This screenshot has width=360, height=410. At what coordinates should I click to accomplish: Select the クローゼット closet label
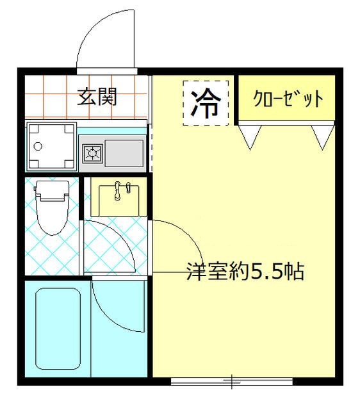pyautogui.click(x=288, y=99)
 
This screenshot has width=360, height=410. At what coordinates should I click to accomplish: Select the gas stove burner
pyautogui.click(x=93, y=153)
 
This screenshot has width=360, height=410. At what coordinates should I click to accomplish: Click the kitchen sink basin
pyautogui.click(x=124, y=152)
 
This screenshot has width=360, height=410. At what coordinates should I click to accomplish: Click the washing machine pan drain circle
pyautogui.click(x=38, y=146)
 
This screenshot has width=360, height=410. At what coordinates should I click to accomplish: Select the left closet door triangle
pyautogui.click(x=250, y=135)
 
